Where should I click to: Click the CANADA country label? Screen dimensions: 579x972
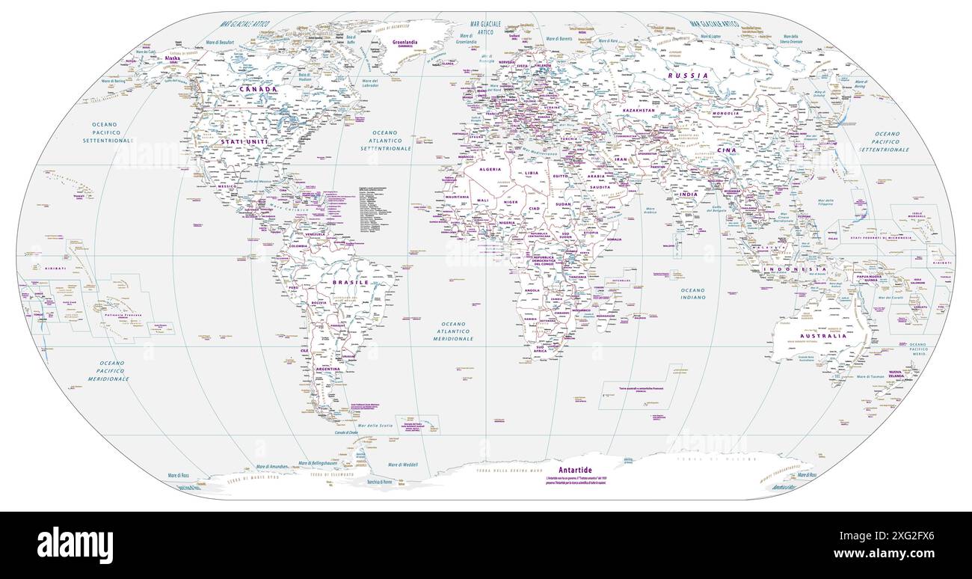point(258,88)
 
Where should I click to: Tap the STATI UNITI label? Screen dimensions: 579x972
point(244,141)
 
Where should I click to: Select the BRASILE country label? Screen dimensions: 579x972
point(350,283)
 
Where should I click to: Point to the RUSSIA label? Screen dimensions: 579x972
point(688,76)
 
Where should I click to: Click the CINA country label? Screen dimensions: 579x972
point(727,150)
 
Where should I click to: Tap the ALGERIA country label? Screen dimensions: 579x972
point(490,169)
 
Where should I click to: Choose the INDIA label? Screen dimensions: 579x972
point(689,194)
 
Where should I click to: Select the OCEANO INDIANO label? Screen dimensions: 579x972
point(692,293)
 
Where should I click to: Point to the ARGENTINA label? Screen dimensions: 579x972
point(328,369)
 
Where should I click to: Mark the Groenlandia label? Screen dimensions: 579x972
point(410,42)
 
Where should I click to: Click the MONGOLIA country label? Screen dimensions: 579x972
point(726,113)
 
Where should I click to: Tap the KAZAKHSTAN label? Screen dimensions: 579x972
point(639,110)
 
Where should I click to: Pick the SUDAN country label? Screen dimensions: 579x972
point(562,203)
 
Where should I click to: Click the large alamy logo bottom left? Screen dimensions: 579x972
point(75,545)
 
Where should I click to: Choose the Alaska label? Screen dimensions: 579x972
point(173,58)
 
